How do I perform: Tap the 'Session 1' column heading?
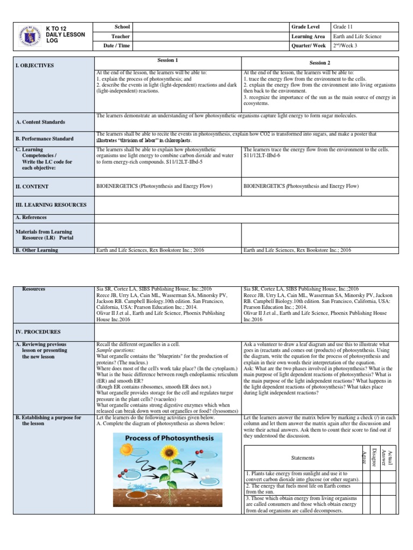tap(167, 60)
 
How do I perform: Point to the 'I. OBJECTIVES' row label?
tap(34, 65)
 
